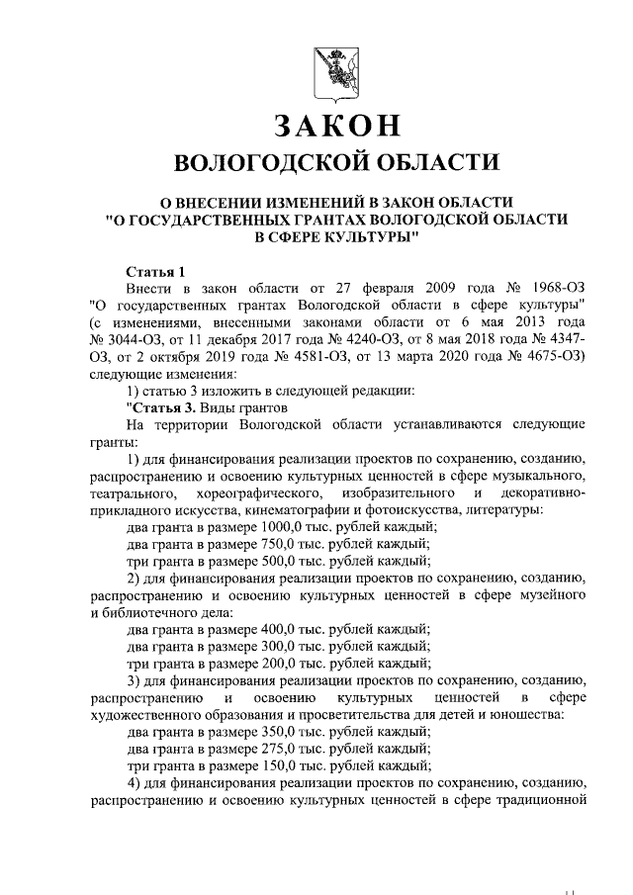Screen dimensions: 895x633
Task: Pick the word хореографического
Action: pos(245,492)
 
